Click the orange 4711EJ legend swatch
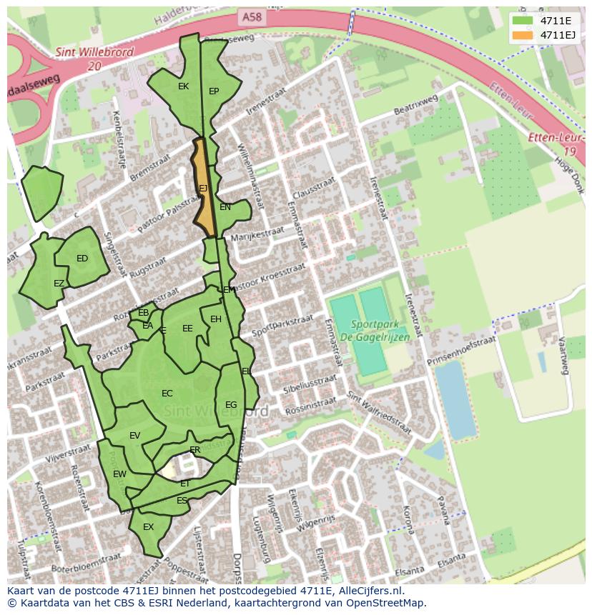[523, 35]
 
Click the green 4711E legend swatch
[523, 21]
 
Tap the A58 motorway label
[251, 15]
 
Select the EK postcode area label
[183, 86]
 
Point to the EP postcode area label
[214, 91]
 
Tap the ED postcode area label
[82, 259]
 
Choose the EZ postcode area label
[59, 284]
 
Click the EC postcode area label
[167, 394]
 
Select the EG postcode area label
[231, 405]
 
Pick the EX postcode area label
[149, 527]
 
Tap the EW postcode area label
[119, 474]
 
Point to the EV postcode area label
[135, 436]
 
